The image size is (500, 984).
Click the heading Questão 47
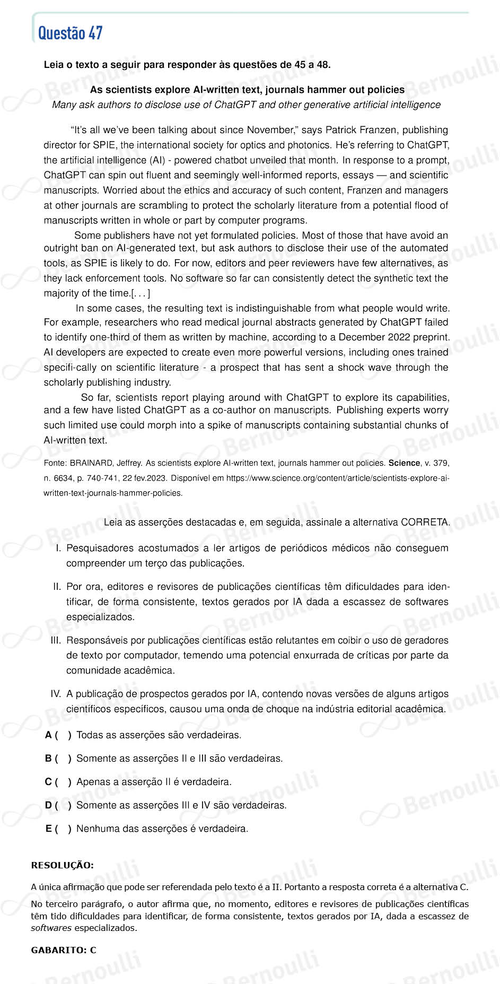pyautogui.click(x=70, y=33)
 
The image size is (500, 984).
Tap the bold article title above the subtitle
pyautogui.click(x=247, y=90)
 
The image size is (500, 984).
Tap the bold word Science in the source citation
pyautogui.click(x=404, y=463)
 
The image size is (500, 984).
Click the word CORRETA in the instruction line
pyautogui.click(x=425, y=523)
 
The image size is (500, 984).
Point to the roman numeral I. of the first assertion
pyautogui.click(x=58, y=548)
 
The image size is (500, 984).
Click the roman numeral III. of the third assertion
pyautogui.click(x=56, y=640)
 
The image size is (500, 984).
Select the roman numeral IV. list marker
pyautogui.click(x=56, y=694)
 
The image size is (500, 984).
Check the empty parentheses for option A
pyautogui.click(x=63, y=735)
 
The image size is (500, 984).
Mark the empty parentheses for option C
pyautogui.click(x=63, y=782)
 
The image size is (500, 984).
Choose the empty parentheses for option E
pyautogui.click(x=63, y=829)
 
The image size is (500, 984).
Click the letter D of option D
pyautogui.click(x=48, y=805)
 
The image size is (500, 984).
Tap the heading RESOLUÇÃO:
pyautogui.click(x=62, y=865)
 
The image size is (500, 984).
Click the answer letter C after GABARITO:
pyautogui.click(x=93, y=950)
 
